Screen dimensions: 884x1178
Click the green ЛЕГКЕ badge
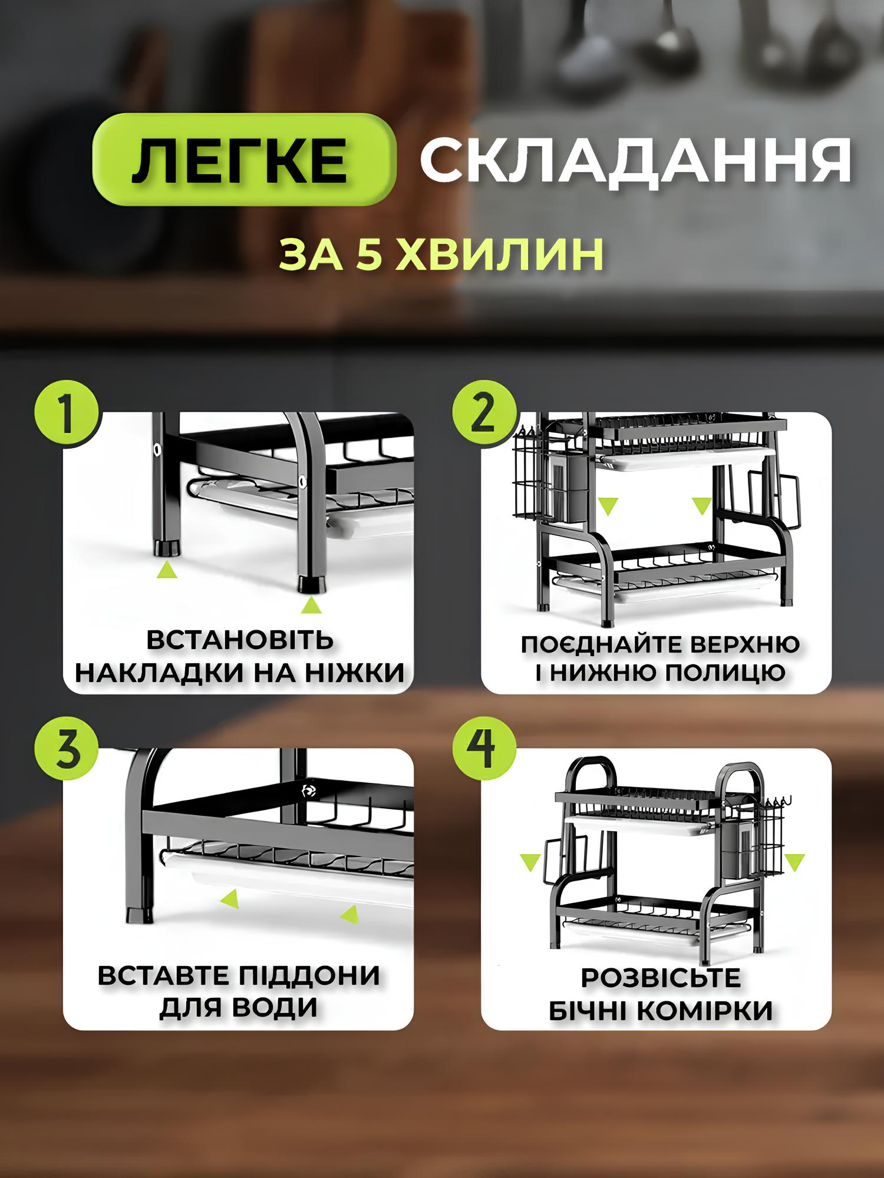pos(243,159)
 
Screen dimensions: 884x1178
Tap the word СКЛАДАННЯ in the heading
pos(635,160)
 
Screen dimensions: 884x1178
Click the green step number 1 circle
pos(67,414)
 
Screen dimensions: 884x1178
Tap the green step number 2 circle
pos(484,414)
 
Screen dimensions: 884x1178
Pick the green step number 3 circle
pos(67,750)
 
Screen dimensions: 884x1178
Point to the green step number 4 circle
pos(484,750)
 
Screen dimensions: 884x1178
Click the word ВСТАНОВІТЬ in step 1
pos(240,640)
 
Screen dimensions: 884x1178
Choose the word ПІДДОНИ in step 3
pos(310,976)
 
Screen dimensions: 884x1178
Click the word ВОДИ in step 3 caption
pos(273,1008)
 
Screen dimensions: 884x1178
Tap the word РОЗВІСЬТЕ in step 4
pos(661,978)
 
